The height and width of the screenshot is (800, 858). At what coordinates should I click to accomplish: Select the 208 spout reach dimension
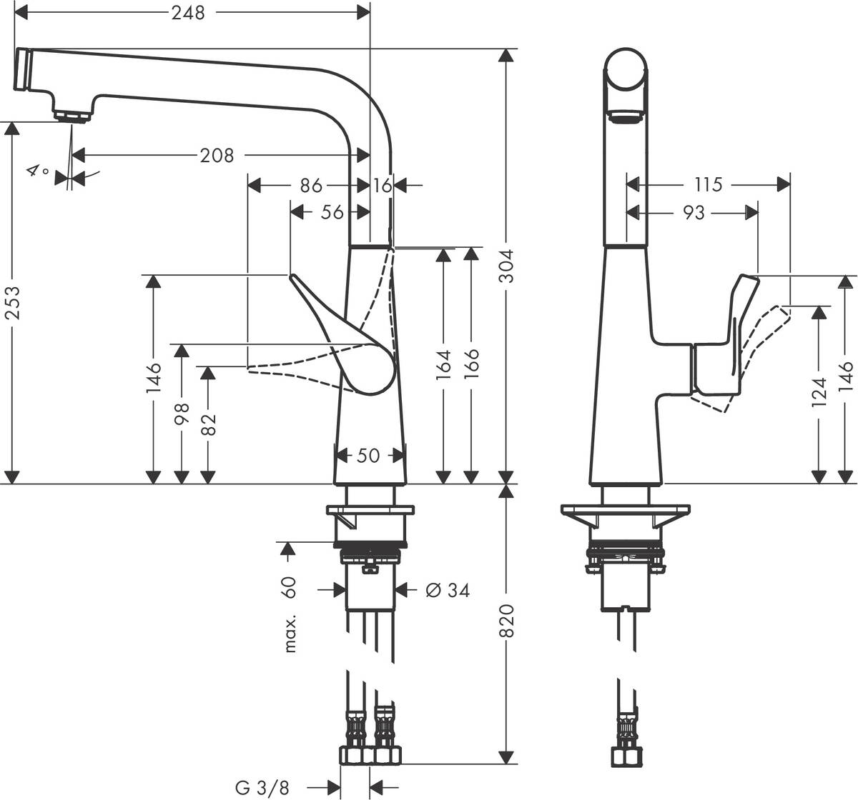217,155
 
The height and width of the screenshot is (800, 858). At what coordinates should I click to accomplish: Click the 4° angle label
37,171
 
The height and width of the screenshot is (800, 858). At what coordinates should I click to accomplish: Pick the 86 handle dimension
310,186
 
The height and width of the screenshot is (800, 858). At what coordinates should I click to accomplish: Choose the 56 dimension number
332,212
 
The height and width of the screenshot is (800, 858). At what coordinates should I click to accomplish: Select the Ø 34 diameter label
448,590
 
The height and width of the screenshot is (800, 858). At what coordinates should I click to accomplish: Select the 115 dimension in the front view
708,185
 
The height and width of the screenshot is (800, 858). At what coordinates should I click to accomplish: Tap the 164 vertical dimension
444,365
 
